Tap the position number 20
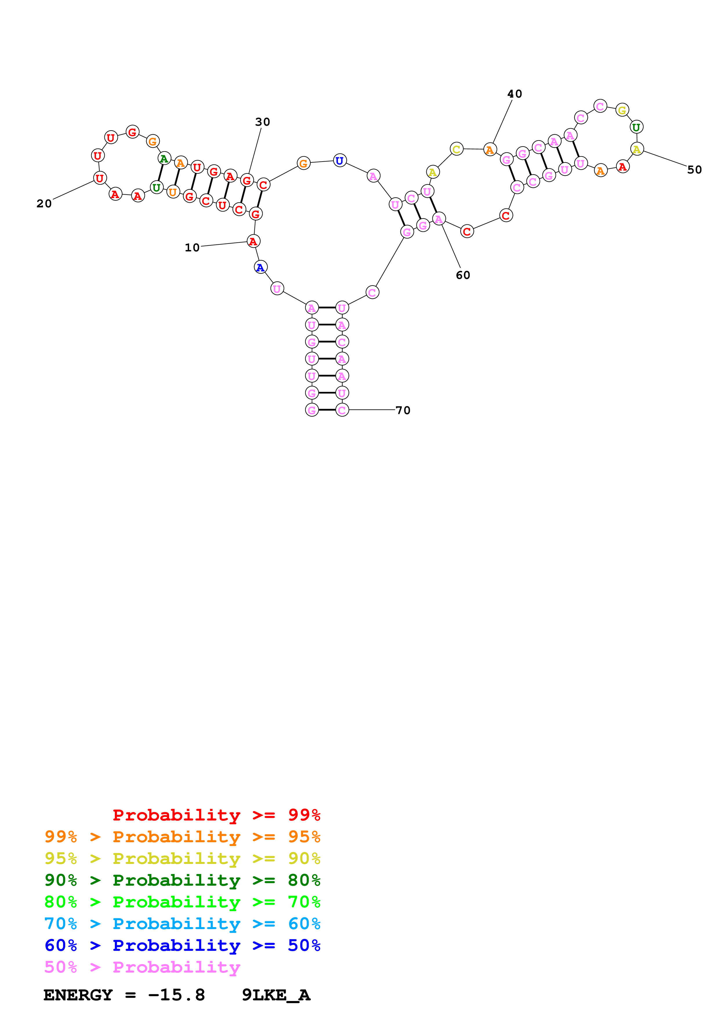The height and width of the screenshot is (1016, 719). point(44,204)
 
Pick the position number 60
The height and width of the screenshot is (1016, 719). point(463,275)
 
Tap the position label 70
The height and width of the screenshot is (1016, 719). point(403,410)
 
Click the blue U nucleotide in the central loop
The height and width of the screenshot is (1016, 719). point(339,161)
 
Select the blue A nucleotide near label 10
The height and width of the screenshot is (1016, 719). point(260,267)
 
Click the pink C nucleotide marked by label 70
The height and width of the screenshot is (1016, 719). point(342,410)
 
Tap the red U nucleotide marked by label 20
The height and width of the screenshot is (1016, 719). point(100,178)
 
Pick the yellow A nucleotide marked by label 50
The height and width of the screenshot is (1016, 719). point(637,149)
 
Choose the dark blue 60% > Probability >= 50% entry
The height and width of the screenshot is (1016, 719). point(182,945)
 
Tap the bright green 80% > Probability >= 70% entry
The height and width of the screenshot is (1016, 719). point(182,902)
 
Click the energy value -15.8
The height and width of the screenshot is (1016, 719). point(176,995)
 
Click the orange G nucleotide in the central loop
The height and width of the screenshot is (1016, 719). point(303,163)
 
